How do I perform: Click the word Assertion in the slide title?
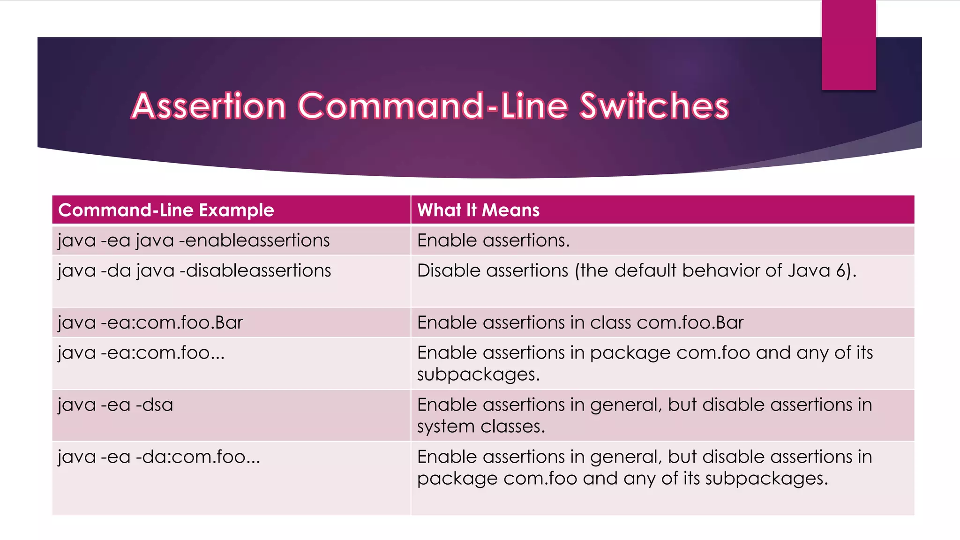[209, 106]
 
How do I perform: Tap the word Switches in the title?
[654, 106]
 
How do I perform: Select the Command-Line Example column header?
[166, 210]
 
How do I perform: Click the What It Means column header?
[478, 210]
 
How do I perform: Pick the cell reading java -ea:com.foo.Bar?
[150, 322]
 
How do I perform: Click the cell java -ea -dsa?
[115, 405]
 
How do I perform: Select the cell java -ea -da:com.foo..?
[158, 457]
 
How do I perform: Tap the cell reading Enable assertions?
[493, 240]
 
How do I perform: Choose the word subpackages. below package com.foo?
[478, 375]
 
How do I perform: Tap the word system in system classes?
[446, 427]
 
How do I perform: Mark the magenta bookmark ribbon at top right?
[848, 45]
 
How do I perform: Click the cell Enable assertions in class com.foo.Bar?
[580, 322]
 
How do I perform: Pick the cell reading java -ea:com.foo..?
[141, 352]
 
